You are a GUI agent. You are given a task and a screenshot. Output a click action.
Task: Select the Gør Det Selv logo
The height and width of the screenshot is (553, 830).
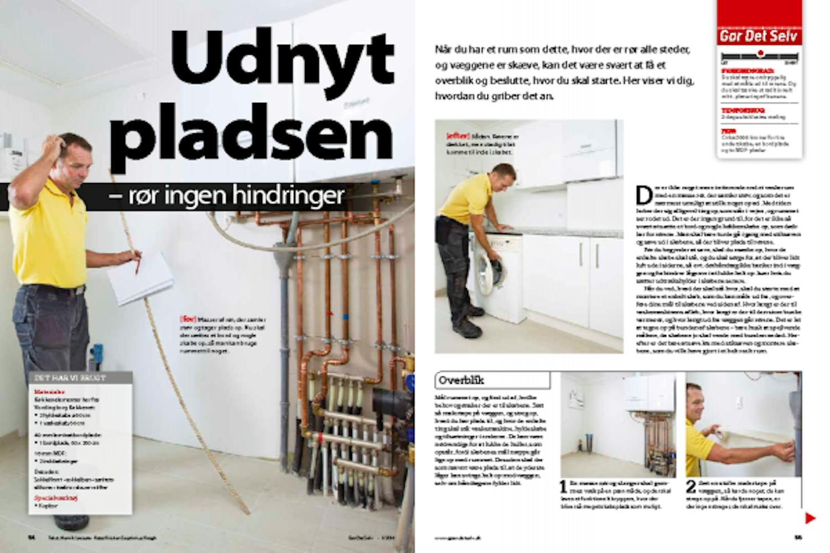click(759, 36)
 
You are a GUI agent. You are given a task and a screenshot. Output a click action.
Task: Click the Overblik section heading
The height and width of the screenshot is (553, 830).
click(461, 380)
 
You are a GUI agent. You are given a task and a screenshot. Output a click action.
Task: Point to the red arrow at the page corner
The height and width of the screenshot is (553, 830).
click(810, 518)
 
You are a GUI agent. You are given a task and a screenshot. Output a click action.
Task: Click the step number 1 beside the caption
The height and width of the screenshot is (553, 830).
click(563, 487)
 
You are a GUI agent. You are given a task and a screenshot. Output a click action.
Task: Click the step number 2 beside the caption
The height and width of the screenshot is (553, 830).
click(691, 487)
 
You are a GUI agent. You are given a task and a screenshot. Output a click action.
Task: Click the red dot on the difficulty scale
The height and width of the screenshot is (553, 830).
click(760, 54)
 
